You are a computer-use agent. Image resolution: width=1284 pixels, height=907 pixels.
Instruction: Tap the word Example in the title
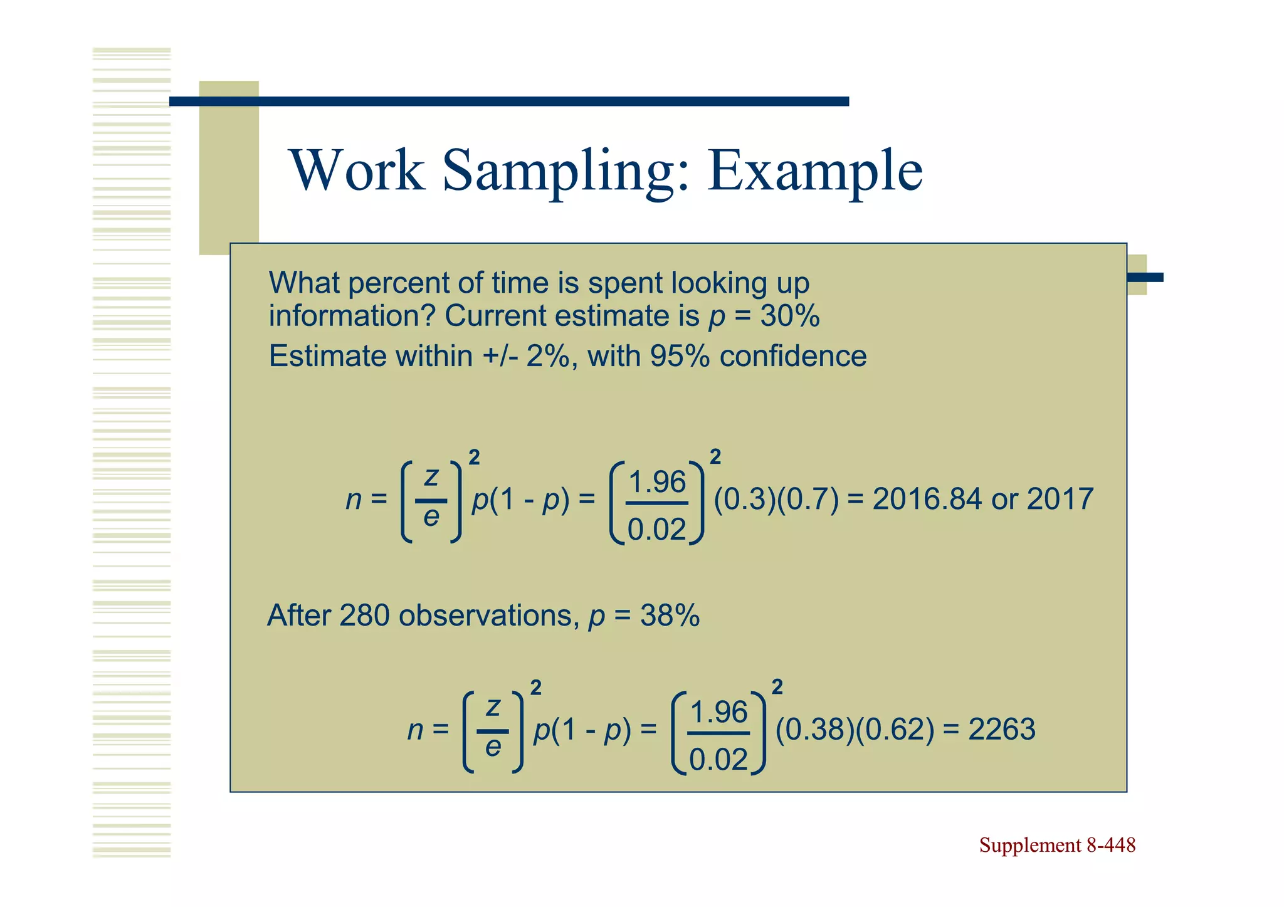[x=814, y=171]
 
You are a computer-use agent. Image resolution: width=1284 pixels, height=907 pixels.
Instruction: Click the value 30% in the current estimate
[x=789, y=316]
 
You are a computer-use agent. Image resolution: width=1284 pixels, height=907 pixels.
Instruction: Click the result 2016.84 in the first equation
[x=927, y=500]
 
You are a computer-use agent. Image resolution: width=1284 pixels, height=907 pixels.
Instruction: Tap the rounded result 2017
[x=1060, y=500]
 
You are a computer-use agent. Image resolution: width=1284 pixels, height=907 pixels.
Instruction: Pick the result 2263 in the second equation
[x=1001, y=730]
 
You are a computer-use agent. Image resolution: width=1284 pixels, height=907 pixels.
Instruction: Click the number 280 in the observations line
[x=364, y=616]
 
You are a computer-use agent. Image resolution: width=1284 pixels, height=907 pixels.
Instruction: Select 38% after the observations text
[x=669, y=616]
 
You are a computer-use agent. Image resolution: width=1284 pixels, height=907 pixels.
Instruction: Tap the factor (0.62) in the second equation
[x=895, y=730]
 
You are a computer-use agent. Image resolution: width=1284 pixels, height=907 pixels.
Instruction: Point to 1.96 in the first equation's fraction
[x=657, y=483]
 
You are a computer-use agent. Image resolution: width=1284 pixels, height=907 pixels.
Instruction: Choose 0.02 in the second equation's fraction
[x=718, y=760]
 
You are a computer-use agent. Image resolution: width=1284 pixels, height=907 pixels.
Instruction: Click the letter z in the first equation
[x=431, y=477]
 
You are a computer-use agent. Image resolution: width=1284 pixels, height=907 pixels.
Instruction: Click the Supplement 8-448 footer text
[x=1057, y=845]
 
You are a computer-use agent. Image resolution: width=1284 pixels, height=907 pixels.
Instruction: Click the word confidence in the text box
[x=793, y=356]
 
